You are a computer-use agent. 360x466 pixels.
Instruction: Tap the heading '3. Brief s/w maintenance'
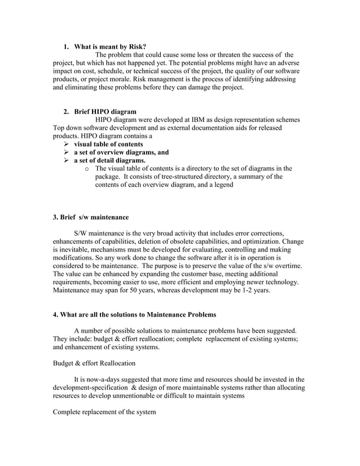point(90,217)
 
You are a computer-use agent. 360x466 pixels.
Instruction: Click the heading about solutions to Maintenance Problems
point(134,314)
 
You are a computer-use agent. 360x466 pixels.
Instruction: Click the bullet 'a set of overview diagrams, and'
point(121,152)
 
